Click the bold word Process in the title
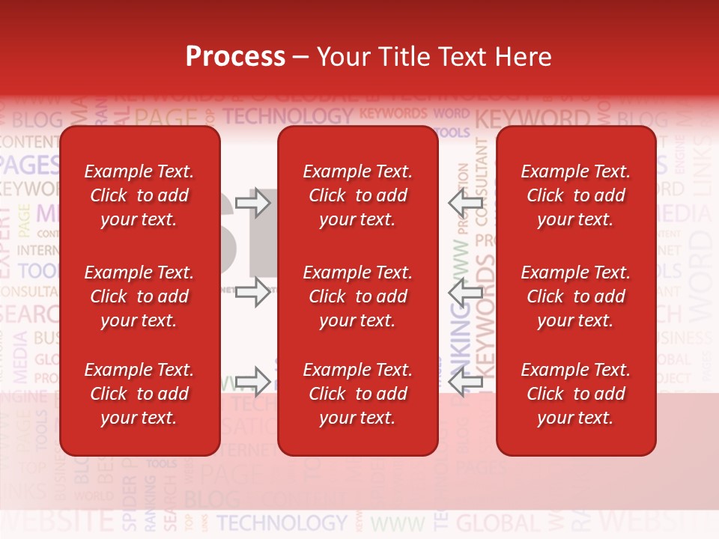tap(235, 57)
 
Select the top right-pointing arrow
tap(252, 203)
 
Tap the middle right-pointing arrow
tap(252, 292)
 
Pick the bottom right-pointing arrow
tap(252, 382)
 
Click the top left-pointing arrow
tap(466, 203)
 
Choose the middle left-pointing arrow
tap(466, 292)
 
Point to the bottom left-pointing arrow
tap(466, 382)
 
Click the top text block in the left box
tap(139, 195)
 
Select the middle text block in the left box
tap(139, 296)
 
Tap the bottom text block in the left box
tap(139, 394)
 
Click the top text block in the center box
tap(357, 195)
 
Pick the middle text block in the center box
tap(357, 296)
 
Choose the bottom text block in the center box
tap(357, 394)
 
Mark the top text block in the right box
tap(575, 195)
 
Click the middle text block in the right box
tap(575, 296)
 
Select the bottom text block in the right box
tap(575, 394)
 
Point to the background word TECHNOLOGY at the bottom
tap(282, 523)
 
